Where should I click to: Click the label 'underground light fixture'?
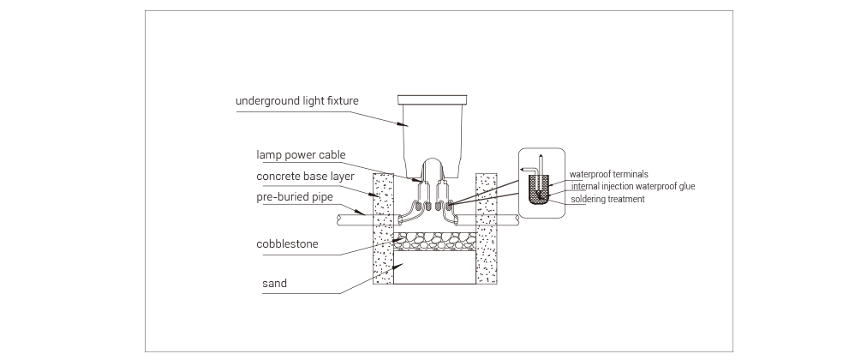click(x=296, y=100)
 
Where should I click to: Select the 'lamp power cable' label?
click(x=301, y=155)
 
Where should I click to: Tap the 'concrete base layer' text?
click(x=305, y=177)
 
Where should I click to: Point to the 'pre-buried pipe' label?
click(x=295, y=197)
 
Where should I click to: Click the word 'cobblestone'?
click(x=287, y=244)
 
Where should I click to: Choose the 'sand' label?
click(x=274, y=284)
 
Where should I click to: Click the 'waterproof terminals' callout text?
click(x=608, y=175)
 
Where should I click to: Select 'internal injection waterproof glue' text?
click(x=632, y=186)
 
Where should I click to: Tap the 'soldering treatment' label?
click(x=607, y=199)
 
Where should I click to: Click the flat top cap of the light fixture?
click(x=432, y=100)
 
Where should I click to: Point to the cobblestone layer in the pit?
click(x=434, y=241)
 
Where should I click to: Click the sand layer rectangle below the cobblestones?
click(x=434, y=267)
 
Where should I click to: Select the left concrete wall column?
click(x=383, y=229)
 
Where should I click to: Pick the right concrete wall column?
click(x=486, y=229)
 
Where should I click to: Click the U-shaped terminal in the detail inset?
click(x=539, y=190)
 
